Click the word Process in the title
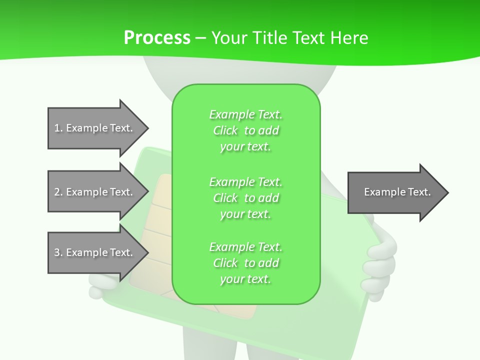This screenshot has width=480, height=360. [157, 37]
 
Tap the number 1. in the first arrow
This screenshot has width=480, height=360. [58, 128]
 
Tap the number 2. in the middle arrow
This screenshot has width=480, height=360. [58, 192]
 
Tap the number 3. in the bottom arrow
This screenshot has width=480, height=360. [58, 252]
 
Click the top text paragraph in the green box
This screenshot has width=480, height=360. [245, 130]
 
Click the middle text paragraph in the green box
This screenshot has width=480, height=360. [245, 197]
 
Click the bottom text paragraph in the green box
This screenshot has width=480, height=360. [245, 262]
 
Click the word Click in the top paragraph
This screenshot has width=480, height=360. [225, 130]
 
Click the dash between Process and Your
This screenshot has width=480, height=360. [200, 37]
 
